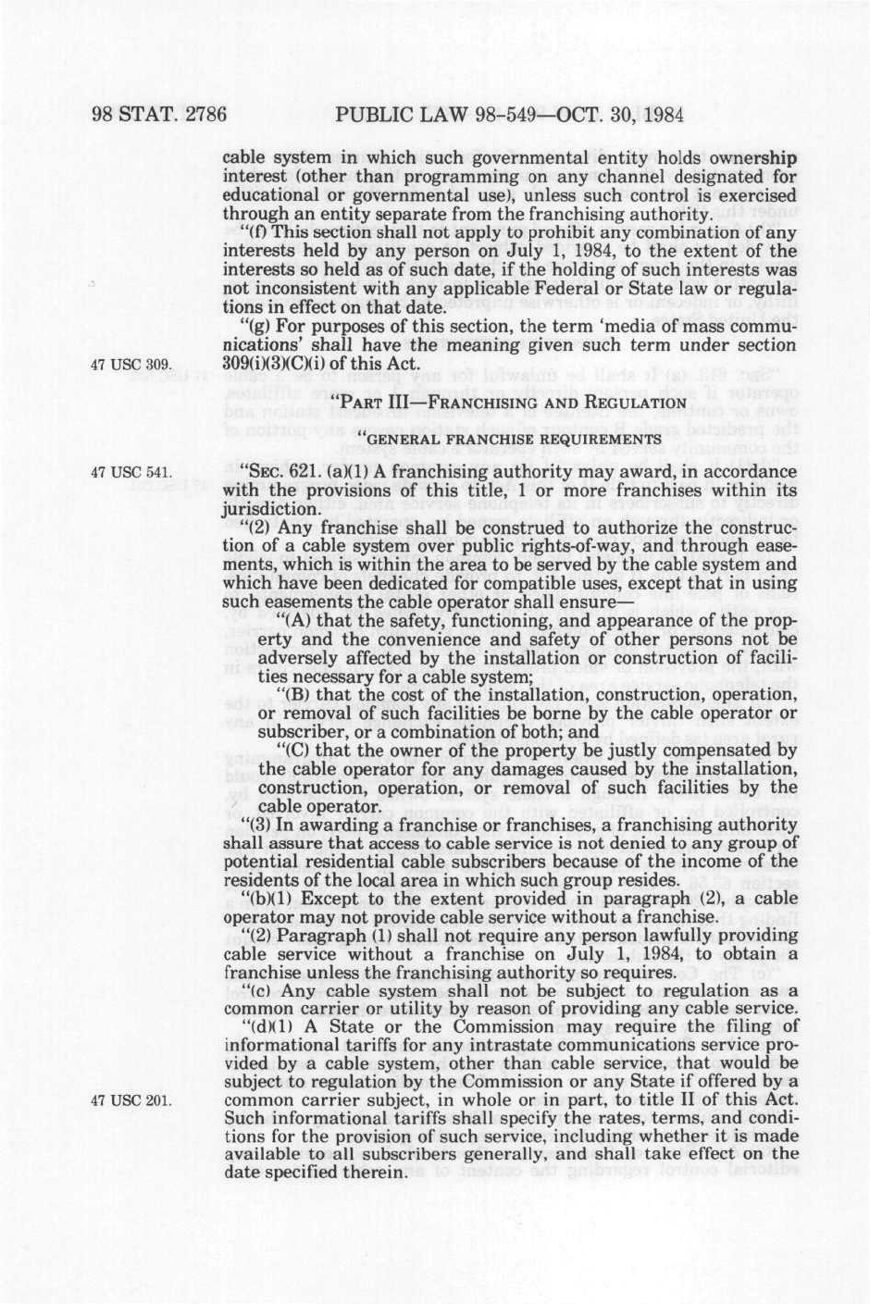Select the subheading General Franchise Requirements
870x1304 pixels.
pyautogui.click(x=508, y=438)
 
